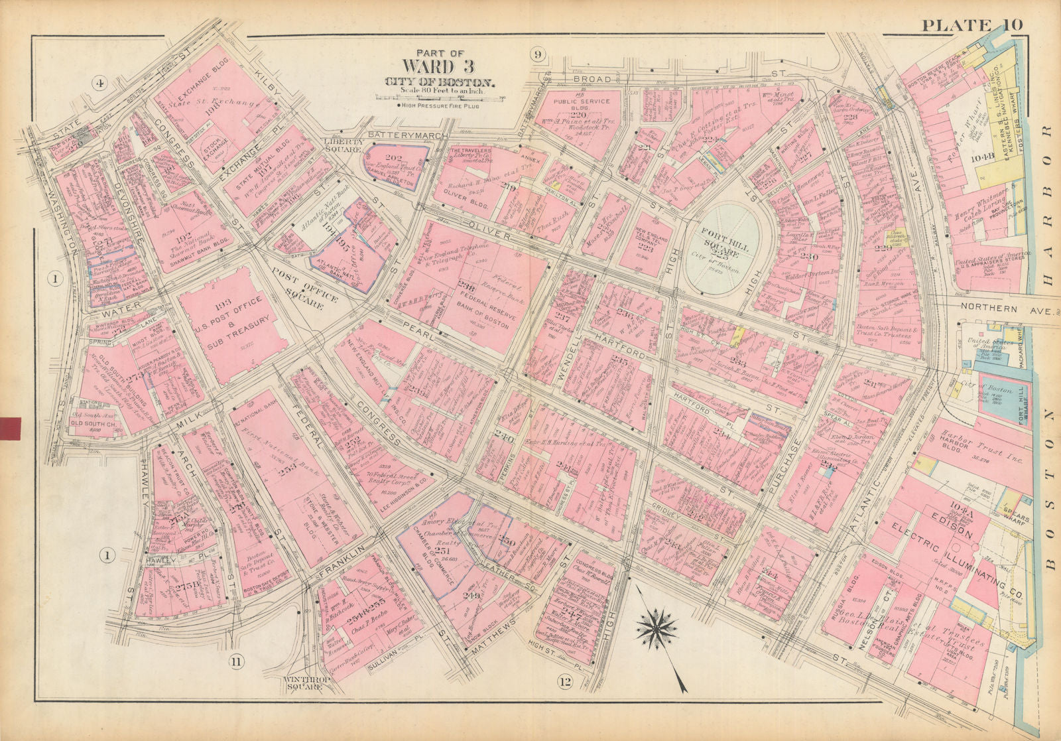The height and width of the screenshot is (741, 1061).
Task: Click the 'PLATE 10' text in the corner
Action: click(971, 25)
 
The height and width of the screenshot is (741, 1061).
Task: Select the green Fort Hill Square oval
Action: click(723, 255)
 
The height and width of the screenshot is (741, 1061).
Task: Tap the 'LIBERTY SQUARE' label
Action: click(343, 145)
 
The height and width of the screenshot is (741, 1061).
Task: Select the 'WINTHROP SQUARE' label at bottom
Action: click(303, 683)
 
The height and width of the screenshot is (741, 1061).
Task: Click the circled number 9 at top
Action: click(537, 54)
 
